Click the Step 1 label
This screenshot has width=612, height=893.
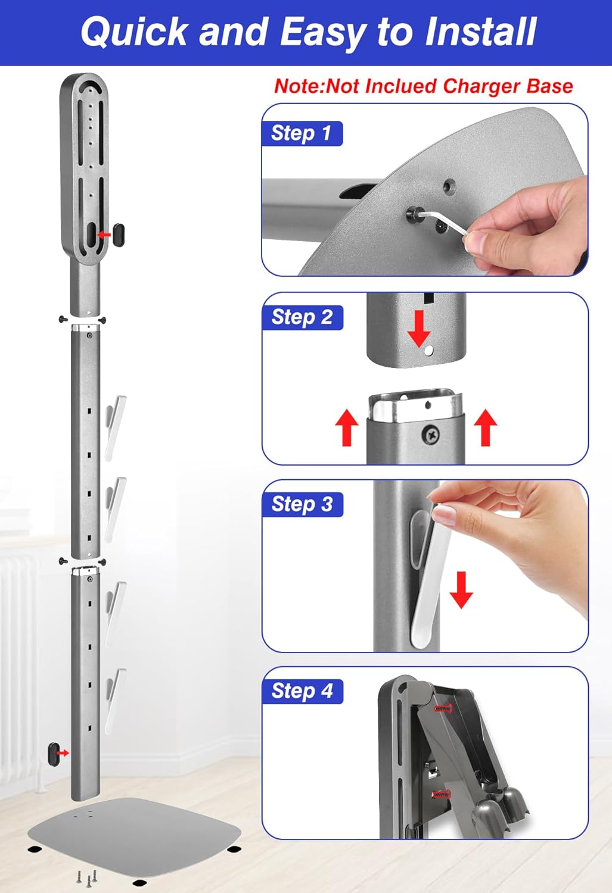click(x=302, y=133)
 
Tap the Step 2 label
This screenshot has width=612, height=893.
click(x=302, y=317)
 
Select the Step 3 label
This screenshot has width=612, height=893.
click(x=302, y=504)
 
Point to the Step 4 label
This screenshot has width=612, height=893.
click(x=302, y=691)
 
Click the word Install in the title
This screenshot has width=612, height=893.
click(x=480, y=32)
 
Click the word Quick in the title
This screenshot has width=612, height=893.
click(x=134, y=33)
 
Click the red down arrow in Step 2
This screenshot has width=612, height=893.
click(x=419, y=329)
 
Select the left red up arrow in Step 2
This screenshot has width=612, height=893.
click(x=347, y=427)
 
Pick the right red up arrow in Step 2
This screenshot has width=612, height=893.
click(x=486, y=427)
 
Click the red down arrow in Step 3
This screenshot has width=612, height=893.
click(x=461, y=590)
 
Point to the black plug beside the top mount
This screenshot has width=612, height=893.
click(x=119, y=235)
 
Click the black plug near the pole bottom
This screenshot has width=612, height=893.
click(x=53, y=754)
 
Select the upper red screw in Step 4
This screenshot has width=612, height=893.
click(x=443, y=708)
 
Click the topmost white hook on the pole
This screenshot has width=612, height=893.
click(x=115, y=428)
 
